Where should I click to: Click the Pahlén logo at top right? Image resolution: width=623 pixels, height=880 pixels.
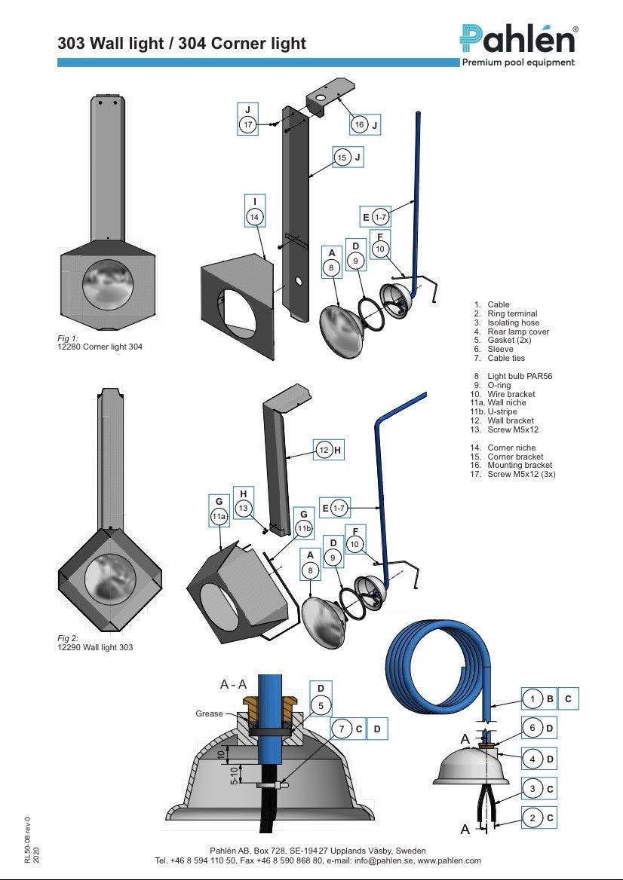pos(519,40)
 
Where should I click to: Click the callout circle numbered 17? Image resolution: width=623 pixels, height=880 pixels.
pos(248,124)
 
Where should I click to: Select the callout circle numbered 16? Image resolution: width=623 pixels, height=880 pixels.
pos(359,124)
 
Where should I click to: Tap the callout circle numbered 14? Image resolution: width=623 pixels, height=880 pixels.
pos(255,216)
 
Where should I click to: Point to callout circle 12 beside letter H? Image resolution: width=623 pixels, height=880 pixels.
pos(323,451)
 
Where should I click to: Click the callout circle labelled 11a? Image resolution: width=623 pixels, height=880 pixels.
pos(219,516)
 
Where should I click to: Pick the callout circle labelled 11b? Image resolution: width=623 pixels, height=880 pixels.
pos(303,529)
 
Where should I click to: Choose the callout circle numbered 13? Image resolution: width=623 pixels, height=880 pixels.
pos(243,509)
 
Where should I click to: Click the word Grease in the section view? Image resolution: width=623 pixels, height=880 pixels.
pos(209,713)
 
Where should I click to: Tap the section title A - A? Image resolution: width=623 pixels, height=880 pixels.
pos(233,684)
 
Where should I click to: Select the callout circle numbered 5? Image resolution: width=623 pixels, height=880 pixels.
pos(321,706)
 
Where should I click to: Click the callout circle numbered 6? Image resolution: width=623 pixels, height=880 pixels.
pos(532,728)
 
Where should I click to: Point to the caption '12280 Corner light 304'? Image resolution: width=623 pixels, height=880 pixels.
pos(100,347)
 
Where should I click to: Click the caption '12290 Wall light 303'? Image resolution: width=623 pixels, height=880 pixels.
pos(95,647)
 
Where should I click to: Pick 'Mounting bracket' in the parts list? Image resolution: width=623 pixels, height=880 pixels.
pos(520,466)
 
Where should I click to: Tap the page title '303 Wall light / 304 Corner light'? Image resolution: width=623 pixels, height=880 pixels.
pos(182,44)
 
